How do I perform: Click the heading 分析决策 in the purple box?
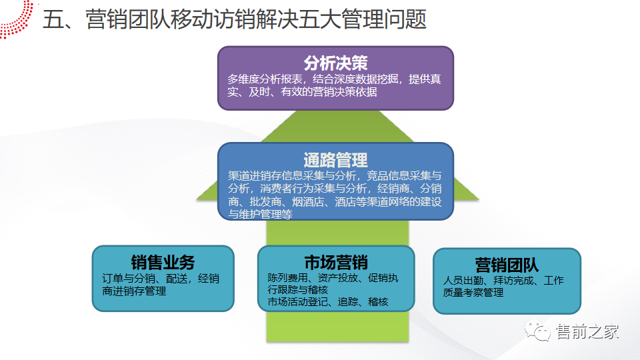tap(335, 63)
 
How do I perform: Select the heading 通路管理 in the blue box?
tap(335, 160)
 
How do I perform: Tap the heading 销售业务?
tap(163, 262)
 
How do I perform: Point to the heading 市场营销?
tap(335, 261)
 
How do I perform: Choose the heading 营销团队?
tap(507, 264)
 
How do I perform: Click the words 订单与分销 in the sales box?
tap(124, 279)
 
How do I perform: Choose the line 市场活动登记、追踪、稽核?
tap(328, 302)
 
